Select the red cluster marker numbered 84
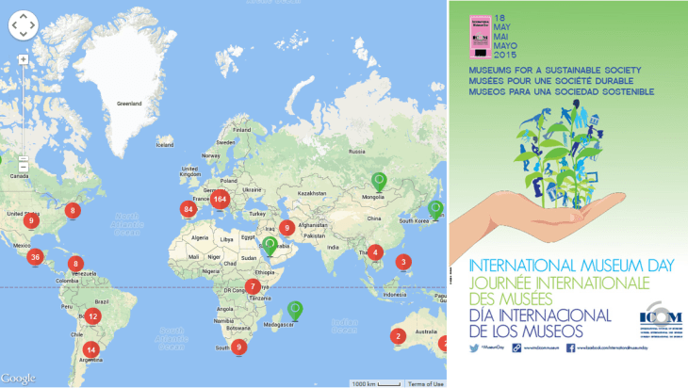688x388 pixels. click(188, 210)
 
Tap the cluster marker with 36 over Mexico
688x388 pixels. click(36, 257)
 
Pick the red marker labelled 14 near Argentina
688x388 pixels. click(90, 349)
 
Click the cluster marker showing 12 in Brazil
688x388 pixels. click(92, 316)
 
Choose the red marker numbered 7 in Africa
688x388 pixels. click(252, 286)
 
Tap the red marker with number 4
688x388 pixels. click(375, 251)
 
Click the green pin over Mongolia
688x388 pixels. click(379, 181)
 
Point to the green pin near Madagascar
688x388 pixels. click(296, 309)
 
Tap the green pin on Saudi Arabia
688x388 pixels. click(270, 246)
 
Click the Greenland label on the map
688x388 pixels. click(128, 103)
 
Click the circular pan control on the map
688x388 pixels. click(23, 25)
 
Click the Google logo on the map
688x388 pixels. click(19, 379)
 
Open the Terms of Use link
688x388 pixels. click(426, 383)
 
